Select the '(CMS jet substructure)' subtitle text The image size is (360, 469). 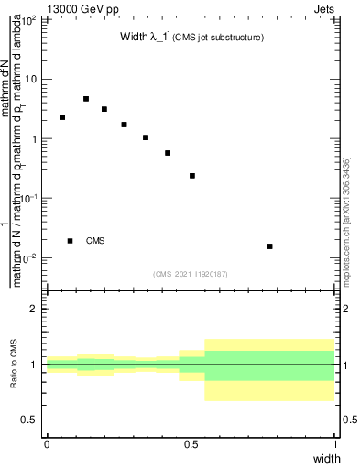tap(219, 38)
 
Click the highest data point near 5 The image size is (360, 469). tap(86, 99)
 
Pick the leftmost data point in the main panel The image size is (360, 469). tap(62, 117)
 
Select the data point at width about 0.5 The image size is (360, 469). tap(192, 176)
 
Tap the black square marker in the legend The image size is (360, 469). tap(71, 241)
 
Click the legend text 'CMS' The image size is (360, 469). tap(95, 241)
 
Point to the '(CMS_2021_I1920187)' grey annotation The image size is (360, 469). tap(191, 273)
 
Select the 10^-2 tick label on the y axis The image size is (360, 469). tap(28, 257)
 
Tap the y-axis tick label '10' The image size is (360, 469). tap(31, 80)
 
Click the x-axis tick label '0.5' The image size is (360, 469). tap(191, 443)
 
